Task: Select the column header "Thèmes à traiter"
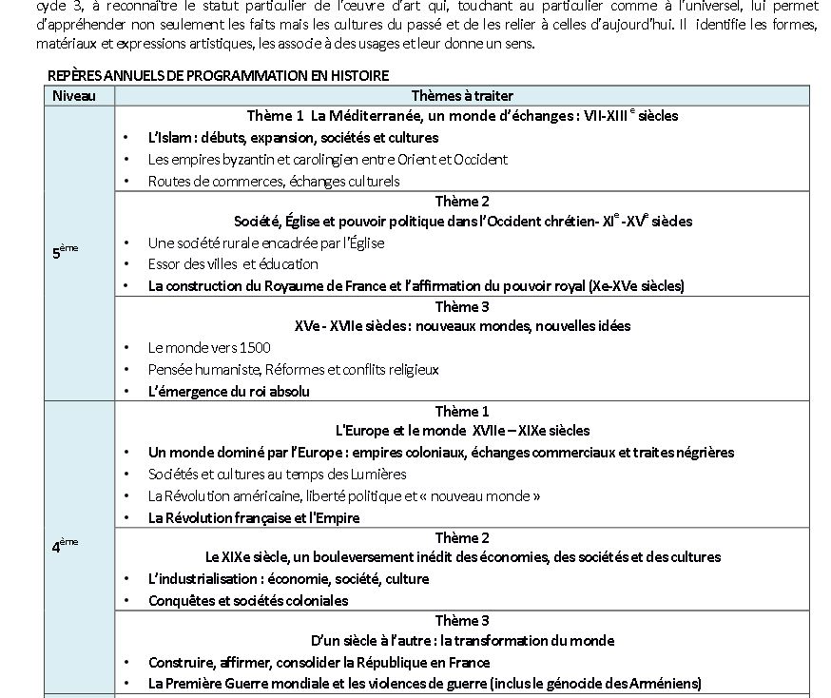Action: tap(462, 95)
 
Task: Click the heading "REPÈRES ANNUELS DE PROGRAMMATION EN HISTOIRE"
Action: tap(218, 76)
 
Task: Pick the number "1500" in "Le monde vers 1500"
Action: tap(252, 347)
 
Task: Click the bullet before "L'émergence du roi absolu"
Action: tap(127, 391)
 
